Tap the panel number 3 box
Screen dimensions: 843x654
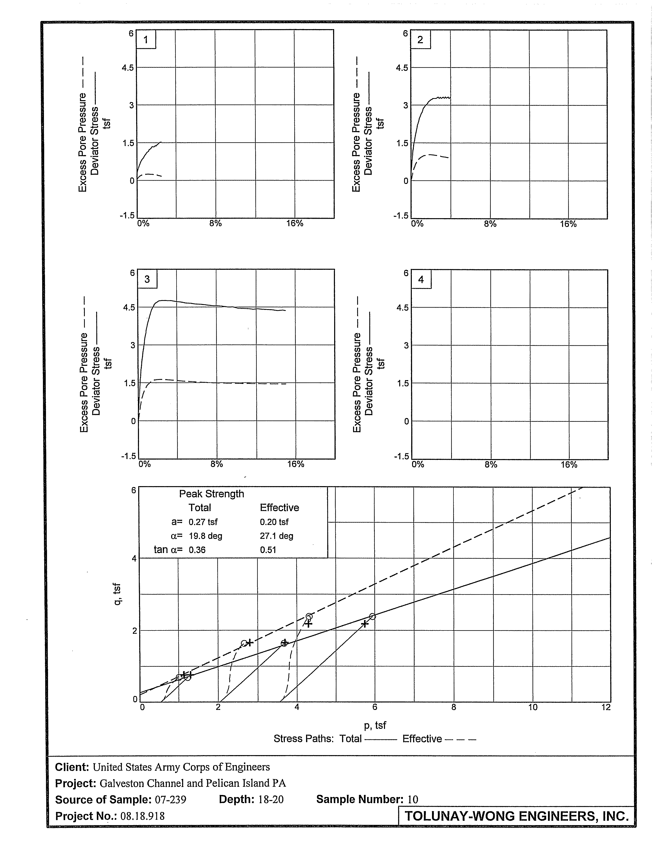147,279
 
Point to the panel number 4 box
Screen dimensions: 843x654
421,279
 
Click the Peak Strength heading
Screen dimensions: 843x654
211,494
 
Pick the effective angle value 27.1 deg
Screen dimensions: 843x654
276,536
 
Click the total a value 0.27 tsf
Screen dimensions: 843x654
203,522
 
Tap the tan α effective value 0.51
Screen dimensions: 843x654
268,550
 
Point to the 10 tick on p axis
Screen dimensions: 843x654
532,707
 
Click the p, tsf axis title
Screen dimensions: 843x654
375,725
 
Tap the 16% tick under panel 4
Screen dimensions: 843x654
569,465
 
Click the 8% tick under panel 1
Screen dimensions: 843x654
215,224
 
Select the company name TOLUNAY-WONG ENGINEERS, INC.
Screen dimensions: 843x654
516,816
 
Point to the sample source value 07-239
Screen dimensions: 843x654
170,799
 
